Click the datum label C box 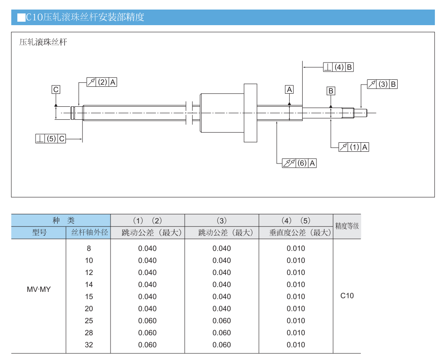point(56,90)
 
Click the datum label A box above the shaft point(289,89)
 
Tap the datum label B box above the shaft point(331,91)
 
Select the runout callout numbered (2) point(101,82)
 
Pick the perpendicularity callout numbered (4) point(338,67)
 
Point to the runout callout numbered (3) point(382,84)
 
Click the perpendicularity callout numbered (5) point(50,139)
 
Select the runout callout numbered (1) point(353,147)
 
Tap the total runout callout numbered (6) point(299,163)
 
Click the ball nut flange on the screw point(250,113)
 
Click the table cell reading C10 point(347,296)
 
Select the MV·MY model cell point(39,289)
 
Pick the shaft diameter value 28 point(89,333)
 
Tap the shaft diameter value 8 point(89,249)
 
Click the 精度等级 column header point(347,226)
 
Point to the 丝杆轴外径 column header point(89,232)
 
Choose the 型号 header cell point(39,232)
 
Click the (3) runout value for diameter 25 point(222,321)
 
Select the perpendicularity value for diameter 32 point(296,345)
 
